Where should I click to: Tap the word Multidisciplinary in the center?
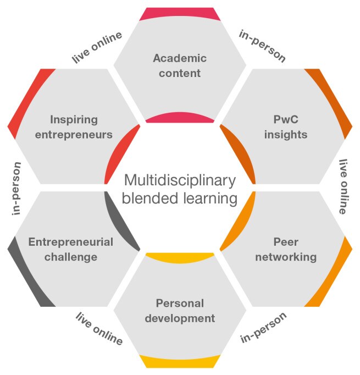click(180, 180)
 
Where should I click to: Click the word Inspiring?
click(74, 119)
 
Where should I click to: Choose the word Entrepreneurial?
click(71, 242)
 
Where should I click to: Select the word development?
click(180, 318)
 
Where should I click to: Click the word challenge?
click(71, 257)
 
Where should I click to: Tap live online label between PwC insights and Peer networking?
click(344, 186)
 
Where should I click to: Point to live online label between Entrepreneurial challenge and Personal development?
click(99, 329)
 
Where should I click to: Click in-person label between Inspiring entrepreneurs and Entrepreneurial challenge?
click(16, 187)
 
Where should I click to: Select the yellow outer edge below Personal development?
click(180, 361)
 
